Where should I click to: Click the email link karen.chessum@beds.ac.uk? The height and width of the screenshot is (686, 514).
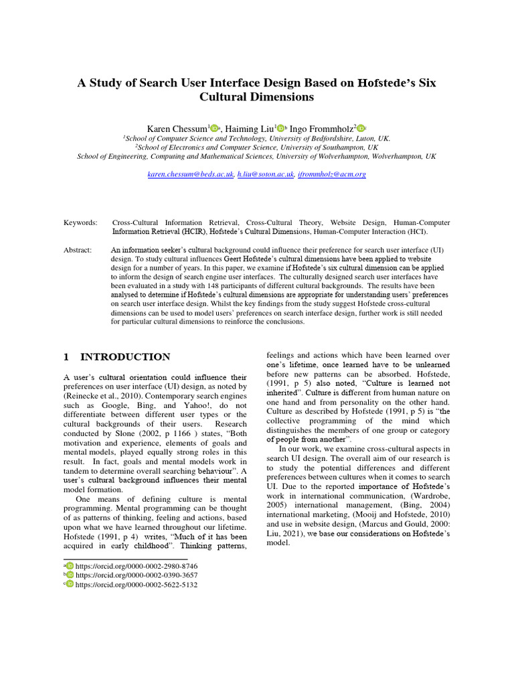(x=191, y=174)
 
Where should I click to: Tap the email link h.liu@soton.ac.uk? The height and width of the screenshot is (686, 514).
(x=266, y=174)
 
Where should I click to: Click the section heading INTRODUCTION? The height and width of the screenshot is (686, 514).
(x=125, y=357)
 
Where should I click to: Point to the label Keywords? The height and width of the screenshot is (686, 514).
(x=80, y=222)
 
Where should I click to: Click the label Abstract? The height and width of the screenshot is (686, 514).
(x=78, y=250)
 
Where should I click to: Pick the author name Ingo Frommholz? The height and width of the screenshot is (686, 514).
(x=321, y=128)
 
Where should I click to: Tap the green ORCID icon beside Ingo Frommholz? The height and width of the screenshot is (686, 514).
(x=361, y=129)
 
